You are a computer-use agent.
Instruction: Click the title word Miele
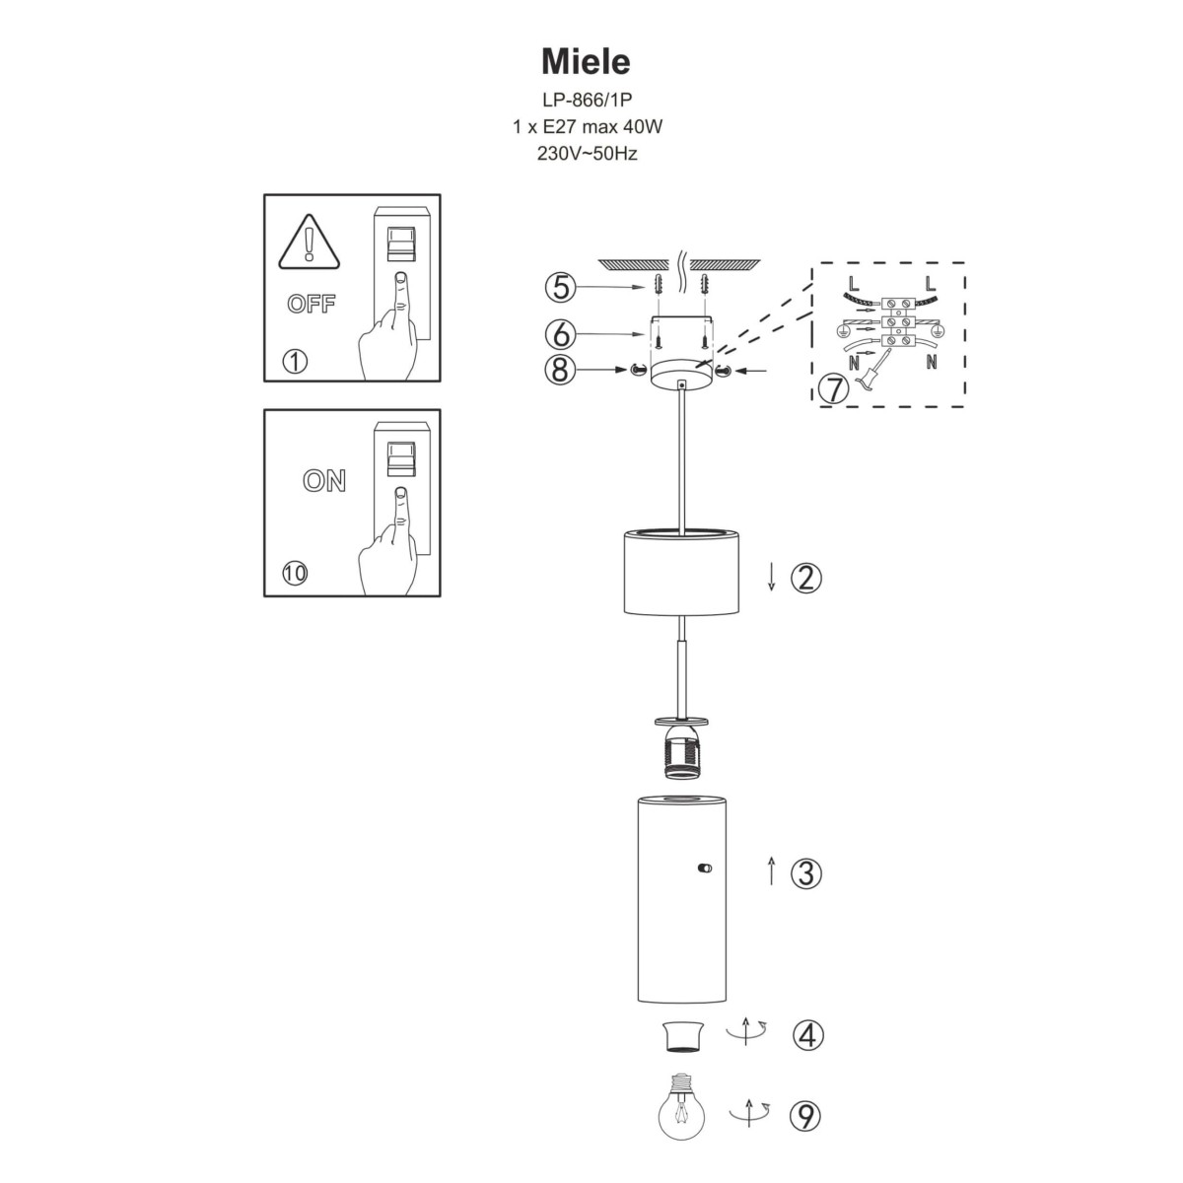coord(586,62)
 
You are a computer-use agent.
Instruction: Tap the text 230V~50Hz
coord(586,154)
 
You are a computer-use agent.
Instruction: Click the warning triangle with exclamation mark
coord(311,244)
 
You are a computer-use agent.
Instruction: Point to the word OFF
coord(311,304)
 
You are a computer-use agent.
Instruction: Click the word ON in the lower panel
coord(324,481)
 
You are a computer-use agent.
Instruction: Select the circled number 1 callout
coord(294,362)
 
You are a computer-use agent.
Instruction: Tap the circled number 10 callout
coord(294,573)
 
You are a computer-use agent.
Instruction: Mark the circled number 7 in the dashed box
coord(833,388)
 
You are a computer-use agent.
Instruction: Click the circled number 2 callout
coord(806,578)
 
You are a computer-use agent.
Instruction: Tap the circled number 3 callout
coord(806,872)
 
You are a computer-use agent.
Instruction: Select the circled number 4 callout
coord(806,1035)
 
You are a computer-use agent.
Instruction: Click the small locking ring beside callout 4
coord(681,1036)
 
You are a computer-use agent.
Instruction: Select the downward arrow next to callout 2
coord(772,578)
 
